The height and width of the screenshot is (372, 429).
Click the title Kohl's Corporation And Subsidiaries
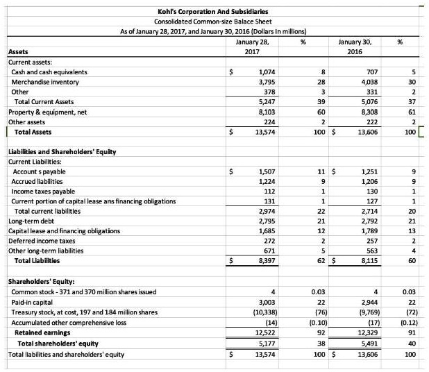click(x=214, y=12)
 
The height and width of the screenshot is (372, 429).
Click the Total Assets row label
click(x=31, y=131)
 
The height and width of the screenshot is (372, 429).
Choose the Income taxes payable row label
click(x=44, y=191)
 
